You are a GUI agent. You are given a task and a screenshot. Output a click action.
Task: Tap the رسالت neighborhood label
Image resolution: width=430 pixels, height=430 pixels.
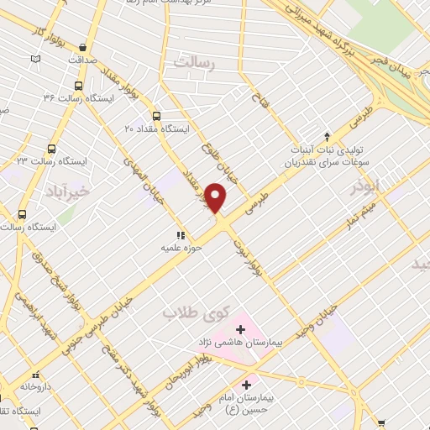click(194, 62)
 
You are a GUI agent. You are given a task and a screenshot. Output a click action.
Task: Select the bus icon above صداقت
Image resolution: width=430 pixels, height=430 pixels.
click(81, 48)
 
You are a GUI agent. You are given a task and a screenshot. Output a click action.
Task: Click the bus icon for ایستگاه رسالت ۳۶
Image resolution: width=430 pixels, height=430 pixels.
click(78, 86)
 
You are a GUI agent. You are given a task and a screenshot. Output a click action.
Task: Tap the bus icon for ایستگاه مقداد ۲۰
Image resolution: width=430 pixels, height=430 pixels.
click(155, 116)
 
